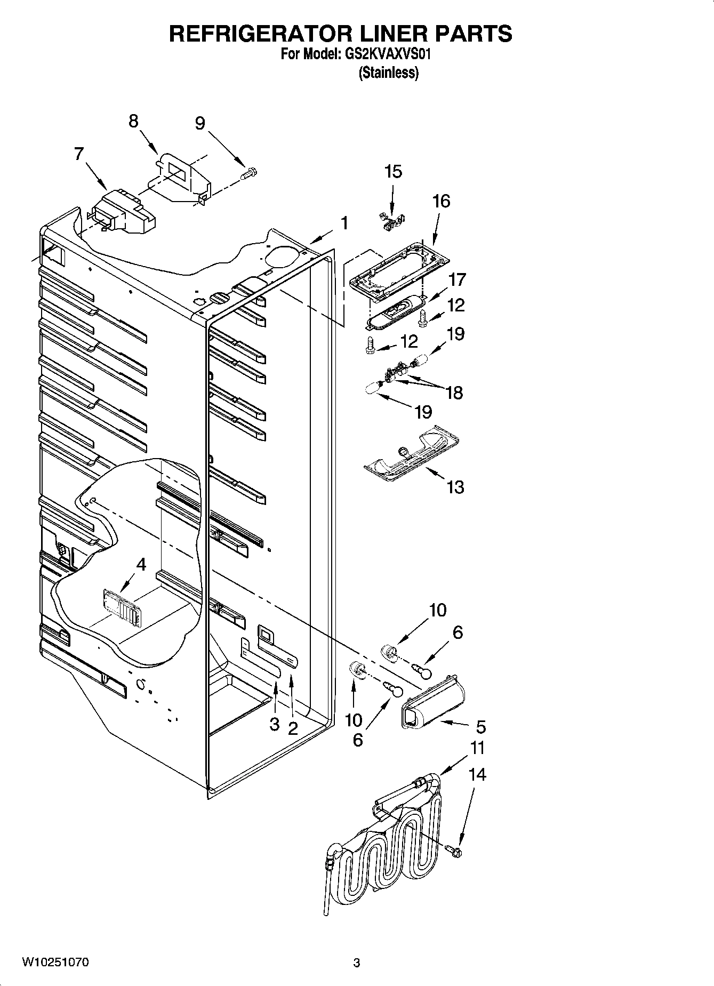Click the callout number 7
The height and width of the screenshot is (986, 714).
click(79, 154)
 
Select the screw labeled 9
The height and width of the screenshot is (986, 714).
click(249, 173)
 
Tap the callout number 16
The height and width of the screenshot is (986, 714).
click(441, 201)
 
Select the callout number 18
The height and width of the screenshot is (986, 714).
click(454, 393)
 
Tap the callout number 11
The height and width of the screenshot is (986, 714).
click(477, 748)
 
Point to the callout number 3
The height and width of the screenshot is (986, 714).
click(274, 724)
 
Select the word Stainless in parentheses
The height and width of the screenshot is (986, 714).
click(389, 73)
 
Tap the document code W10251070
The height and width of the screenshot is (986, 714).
click(55, 963)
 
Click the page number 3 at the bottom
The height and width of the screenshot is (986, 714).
click(356, 963)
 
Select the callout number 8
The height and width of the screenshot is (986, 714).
click(133, 122)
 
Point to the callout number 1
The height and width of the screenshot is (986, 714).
click(344, 223)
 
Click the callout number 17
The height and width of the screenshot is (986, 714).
click(457, 279)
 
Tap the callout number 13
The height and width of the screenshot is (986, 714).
click(455, 487)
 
